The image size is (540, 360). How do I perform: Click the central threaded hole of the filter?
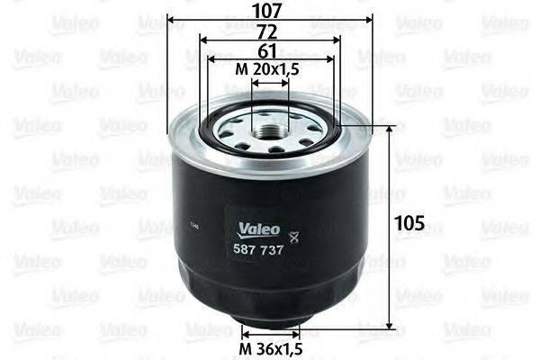point(270,134)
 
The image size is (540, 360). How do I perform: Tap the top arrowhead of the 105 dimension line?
point(390,130)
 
